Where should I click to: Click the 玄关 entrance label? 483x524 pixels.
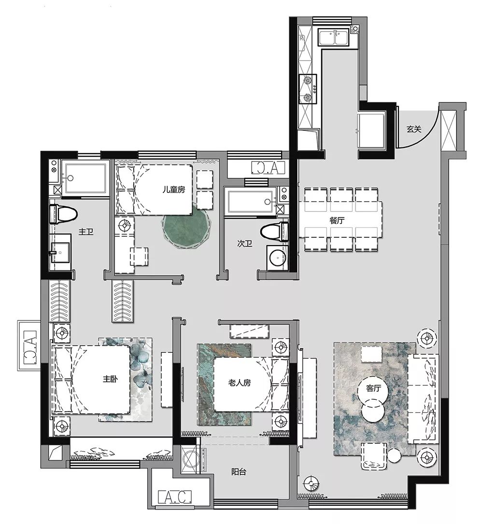(x=414, y=129)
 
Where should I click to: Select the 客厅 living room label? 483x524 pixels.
(x=374, y=388)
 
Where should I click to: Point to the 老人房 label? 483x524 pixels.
(x=240, y=383)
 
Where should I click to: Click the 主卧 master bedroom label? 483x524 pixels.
(x=110, y=379)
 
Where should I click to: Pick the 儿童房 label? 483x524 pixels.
(x=173, y=190)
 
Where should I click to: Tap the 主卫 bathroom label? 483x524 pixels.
(x=85, y=232)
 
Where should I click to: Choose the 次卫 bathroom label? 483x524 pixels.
(x=245, y=245)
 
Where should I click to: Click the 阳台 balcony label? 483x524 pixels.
(x=239, y=472)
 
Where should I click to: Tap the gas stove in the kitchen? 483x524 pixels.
(x=308, y=89)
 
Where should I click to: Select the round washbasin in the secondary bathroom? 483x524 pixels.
(x=277, y=256)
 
